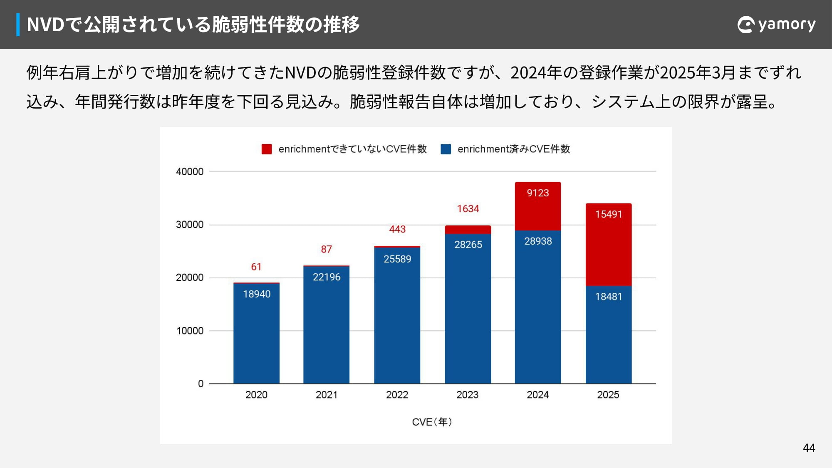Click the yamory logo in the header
(776, 25)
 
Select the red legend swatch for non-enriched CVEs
(267, 149)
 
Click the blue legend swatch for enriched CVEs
(446, 149)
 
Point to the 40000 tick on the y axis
(190, 171)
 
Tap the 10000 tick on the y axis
(190, 331)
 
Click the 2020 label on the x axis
(256, 395)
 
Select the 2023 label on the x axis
(468, 395)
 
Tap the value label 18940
(257, 294)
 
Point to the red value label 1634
(468, 209)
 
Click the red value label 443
(397, 229)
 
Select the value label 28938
(538, 241)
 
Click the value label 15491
(608, 214)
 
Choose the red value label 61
(256, 267)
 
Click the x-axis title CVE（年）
(432, 422)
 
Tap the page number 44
(809, 448)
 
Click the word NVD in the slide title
(45, 25)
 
